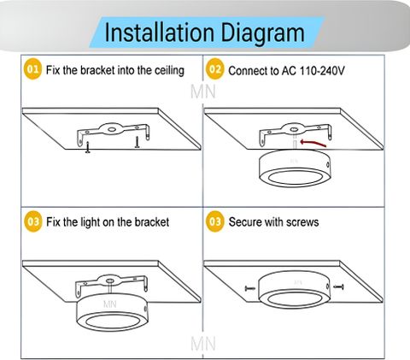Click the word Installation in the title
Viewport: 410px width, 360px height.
pyautogui.click(x=160, y=32)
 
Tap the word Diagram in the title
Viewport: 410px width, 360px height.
pyautogui.click(x=263, y=33)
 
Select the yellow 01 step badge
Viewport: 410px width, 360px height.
pyautogui.click(x=32, y=69)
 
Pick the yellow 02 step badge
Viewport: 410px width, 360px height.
pyautogui.click(x=215, y=69)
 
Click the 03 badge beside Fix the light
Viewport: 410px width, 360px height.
pyautogui.click(x=33, y=221)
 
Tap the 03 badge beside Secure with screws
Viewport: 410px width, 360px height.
pyautogui.click(x=215, y=221)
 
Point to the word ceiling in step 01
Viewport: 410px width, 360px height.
pyautogui.click(x=169, y=71)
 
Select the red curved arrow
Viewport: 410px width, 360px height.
pyautogui.click(x=313, y=143)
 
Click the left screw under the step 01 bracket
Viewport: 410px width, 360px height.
pyautogui.click(x=88, y=147)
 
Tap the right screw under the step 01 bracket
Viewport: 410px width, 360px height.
pyautogui.click(x=138, y=142)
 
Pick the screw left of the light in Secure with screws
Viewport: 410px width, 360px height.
pyautogui.click(x=250, y=288)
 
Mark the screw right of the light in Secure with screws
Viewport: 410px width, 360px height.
pyautogui.click(x=339, y=286)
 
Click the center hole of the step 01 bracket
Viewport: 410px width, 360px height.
pyautogui.click(x=112, y=130)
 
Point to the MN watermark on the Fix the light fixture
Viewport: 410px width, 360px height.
pyautogui.click(x=110, y=304)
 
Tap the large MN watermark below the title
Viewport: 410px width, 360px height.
pyautogui.click(x=203, y=91)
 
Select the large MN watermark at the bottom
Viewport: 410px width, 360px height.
pyautogui.click(x=203, y=344)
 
